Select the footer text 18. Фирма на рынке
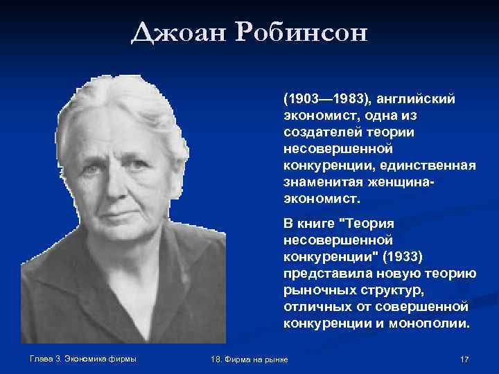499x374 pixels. point(249,359)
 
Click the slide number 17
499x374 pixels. point(464,359)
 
